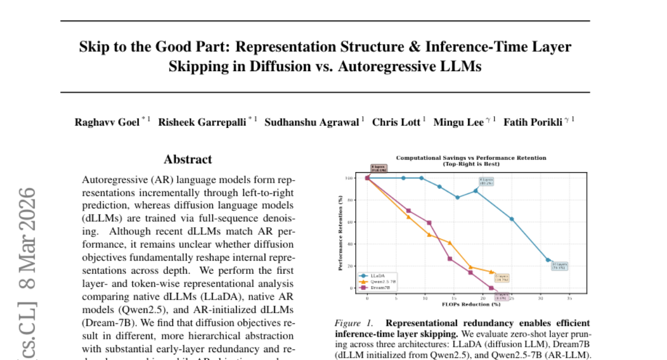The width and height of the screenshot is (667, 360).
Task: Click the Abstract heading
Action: (x=187, y=159)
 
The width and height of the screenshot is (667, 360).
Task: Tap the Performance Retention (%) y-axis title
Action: (x=340, y=233)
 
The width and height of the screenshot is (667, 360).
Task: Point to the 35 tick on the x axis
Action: (x=570, y=298)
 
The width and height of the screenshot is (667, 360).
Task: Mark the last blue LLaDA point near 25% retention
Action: (x=547, y=260)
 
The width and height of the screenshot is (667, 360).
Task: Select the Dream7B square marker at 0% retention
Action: (x=491, y=288)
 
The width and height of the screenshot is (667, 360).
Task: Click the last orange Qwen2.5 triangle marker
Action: (x=491, y=272)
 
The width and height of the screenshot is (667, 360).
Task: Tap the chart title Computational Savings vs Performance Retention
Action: (x=470, y=158)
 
